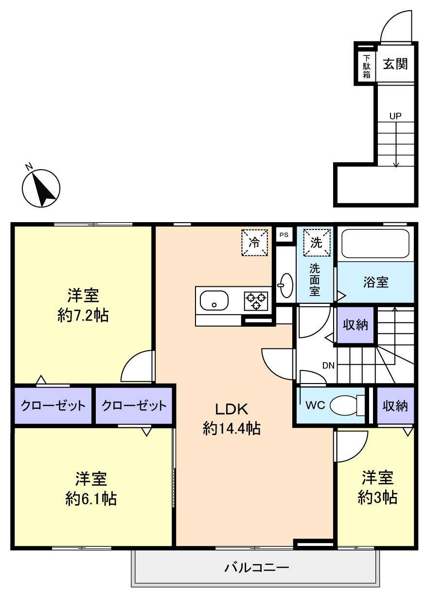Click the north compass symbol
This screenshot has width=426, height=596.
point(41,188)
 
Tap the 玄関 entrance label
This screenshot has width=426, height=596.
point(395,64)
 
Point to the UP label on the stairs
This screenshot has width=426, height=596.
point(395,116)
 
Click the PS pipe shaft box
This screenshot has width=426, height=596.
point(284,234)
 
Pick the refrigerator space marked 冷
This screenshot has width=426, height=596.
point(255,242)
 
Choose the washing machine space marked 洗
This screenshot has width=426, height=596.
point(317,242)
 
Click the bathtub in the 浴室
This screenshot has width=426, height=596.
point(375,244)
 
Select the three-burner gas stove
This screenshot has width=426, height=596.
point(256,301)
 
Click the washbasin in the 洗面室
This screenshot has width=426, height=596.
point(286,285)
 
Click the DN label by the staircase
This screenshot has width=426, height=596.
point(328,366)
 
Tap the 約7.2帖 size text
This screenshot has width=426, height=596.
point(83,316)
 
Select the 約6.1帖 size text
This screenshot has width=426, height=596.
point(90,498)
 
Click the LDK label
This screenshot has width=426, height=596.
point(232,409)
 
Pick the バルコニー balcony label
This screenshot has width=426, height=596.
point(257,567)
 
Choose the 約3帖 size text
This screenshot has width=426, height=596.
point(377,497)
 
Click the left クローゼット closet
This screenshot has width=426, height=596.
point(53,405)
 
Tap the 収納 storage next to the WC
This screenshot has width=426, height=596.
point(395,405)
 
